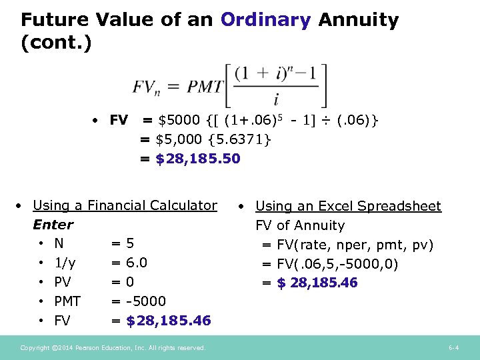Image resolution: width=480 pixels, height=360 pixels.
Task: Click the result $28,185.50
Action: pyautogui.click(x=198, y=159)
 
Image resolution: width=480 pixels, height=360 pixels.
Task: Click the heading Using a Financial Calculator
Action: pyautogui.click(x=125, y=205)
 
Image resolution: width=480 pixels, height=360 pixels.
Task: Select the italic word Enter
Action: pyautogui.click(x=53, y=225)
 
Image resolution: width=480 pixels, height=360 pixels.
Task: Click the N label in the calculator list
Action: pyautogui.click(x=59, y=243)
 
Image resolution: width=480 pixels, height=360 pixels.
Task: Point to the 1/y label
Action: pyautogui.click(x=65, y=263)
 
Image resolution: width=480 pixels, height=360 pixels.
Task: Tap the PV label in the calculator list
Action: pyautogui.click(x=63, y=282)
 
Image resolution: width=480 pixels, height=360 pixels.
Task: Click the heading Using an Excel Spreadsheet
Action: pyautogui.click(x=348, y=206)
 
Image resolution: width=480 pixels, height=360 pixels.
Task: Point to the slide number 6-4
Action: pyautogui.click(x=453, y=347)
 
